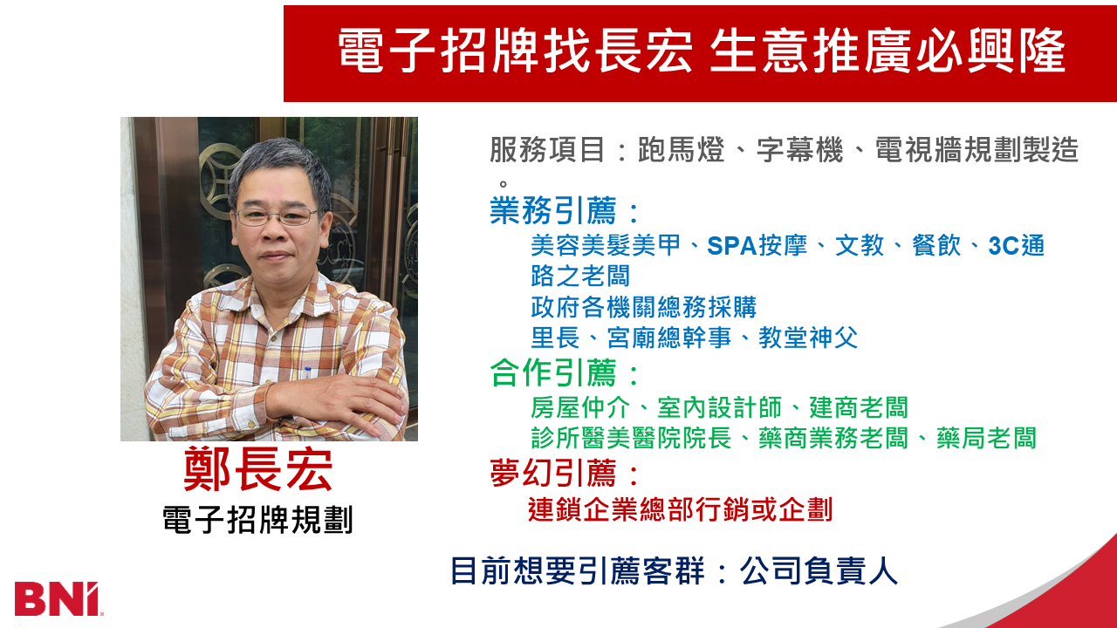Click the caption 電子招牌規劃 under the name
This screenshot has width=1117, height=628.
tap(257, 520)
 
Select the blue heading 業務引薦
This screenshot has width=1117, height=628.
tap(553, 211)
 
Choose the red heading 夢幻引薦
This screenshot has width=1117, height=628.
tap(553, 474)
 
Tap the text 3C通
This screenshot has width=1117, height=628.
tap(1017, 247)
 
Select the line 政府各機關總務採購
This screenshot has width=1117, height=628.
tap(643, 307)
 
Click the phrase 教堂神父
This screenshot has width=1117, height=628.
tap(808, 338)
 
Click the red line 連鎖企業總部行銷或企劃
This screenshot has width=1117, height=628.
tap(681, 509)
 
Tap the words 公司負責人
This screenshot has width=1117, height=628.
tap(819, 571)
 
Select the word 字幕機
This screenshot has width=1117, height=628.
tap(789, 151)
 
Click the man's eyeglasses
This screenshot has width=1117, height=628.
tap(275, 215)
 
